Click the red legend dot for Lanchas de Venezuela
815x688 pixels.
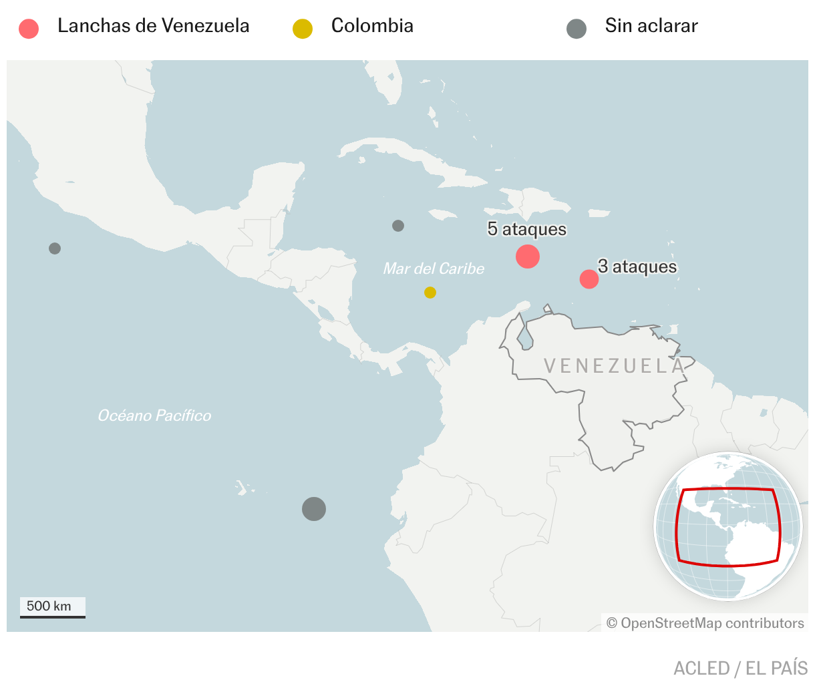pyautogui.click(x=29, y=29)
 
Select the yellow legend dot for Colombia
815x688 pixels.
pyautogui.click(x=303, y=29)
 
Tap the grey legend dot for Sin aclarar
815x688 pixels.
pyautogui.click(x=577, y=29)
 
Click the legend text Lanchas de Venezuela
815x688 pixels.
pyautogui.click(x=153, y=26)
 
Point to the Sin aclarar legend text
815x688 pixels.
pyautogui.click(x=651, y=26)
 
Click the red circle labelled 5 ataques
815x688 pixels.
pyautogui.click(x=528, y=256)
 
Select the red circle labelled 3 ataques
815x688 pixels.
pyautogui.click(x=589, y=279)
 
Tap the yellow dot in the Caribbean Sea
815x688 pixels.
pyautogui.click(x=430, y=293)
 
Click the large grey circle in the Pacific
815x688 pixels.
pyautogui.click(x=314, y=509)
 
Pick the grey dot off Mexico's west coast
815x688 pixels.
pyautogui.click(x=55, y=248)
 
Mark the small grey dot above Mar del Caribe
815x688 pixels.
pyautogui.click(x=398, y=226)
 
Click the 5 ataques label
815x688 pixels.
pyautogui.click(x=526, y=229)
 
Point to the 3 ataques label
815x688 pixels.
pyautogui.click(x=637, y=267)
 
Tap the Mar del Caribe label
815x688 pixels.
pyautogui.click(x=434, y=269)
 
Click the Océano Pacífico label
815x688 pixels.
pyautogui.click(x=154, y=415)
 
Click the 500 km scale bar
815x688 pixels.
pyautogui.click(x=52, y=608)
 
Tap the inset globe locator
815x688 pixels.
pyautogui.click(x=727, y=526)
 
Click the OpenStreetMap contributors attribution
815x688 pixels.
pyautogui.click(x=705, y=623)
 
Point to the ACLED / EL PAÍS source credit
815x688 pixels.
pyautogui.click(x=740, y=669)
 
